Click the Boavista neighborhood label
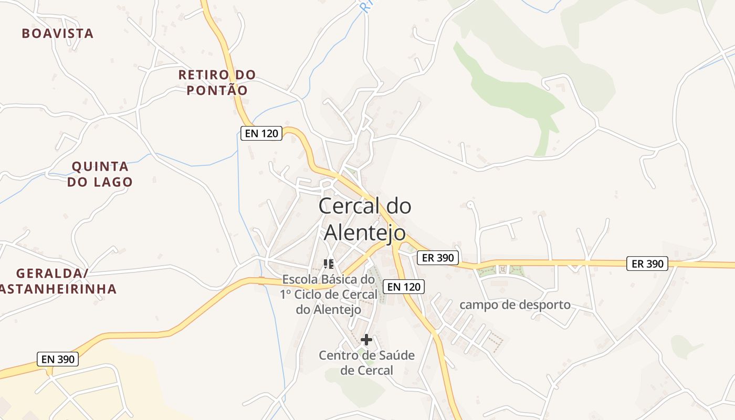coord(58,34)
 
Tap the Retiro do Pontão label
coord(217,82)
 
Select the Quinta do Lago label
coord(100,174)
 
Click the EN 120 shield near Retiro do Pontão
coord(261,133)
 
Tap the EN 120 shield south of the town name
coord(403,287)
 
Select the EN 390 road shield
coord(58,360)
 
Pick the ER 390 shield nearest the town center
coord(438,258)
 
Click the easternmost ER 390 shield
coord(647,264)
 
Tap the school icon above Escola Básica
coord(329,264)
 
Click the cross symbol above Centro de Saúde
coord(366,340)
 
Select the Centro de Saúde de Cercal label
coord(366,363)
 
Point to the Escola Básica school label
coord(329,295)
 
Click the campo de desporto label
coord(514,305)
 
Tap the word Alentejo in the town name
coord(365,233)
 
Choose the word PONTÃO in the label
coord(217,90)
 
